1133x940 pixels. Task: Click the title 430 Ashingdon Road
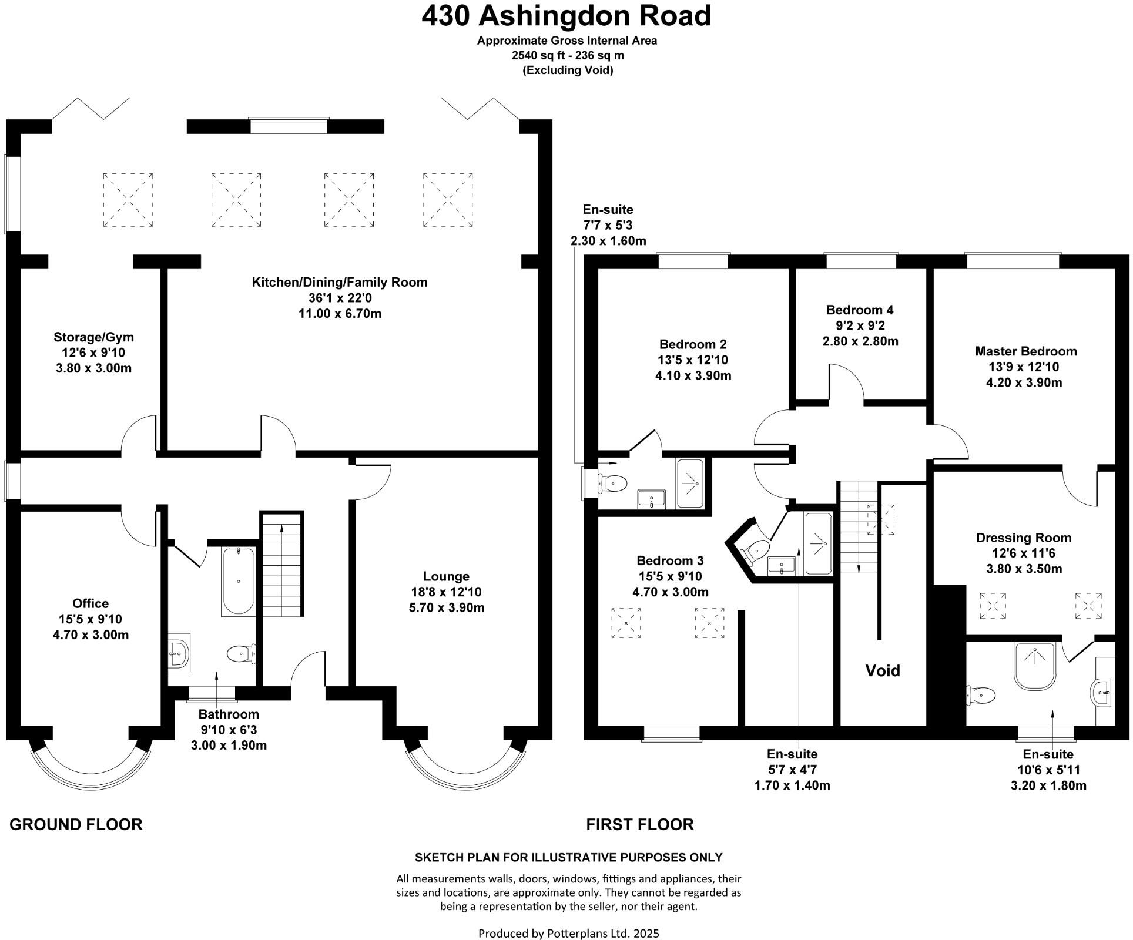click(566, 16)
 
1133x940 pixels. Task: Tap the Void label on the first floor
click(882, 671)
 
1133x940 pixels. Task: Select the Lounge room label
click(446, 576)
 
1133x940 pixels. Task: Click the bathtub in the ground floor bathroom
click(238, 581)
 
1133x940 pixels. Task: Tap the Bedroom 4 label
click(860, 310)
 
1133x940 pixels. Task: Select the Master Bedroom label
click(1025, 351)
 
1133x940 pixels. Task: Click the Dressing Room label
click(1023, 538)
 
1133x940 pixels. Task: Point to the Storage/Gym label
click(93, 337)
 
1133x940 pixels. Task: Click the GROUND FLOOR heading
click(76, 824)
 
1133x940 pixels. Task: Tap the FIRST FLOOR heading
click(639, 824)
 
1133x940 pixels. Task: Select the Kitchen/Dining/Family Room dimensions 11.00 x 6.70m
click(340, 314)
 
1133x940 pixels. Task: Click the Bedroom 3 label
click(669, 560)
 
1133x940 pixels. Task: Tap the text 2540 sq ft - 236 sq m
click(567, 56)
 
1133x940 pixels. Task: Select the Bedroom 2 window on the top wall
click(693, 260)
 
